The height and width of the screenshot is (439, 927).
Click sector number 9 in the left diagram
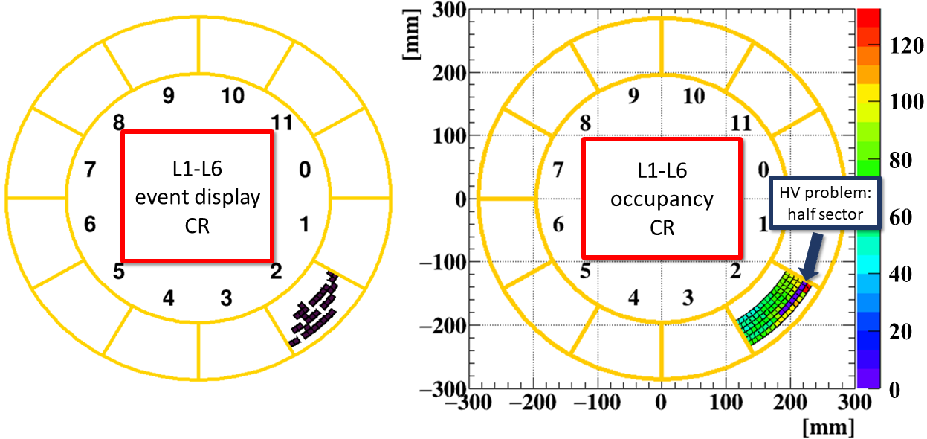tap(169, 96)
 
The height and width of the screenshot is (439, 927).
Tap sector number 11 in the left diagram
tap(282, 123)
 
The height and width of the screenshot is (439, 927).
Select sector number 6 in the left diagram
tap(90, 224)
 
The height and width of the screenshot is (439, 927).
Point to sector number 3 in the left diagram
tap(226, 298)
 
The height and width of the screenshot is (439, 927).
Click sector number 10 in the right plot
tap(694, 96)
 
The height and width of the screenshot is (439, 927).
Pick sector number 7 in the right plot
tap(558, 170)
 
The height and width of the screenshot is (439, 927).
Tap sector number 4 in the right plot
tap(633, 298)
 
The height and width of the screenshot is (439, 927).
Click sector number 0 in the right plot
tap(763, 170)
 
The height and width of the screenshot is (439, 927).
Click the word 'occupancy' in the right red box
tap(662, 200)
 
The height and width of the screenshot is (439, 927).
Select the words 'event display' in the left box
tap(198, 198)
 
